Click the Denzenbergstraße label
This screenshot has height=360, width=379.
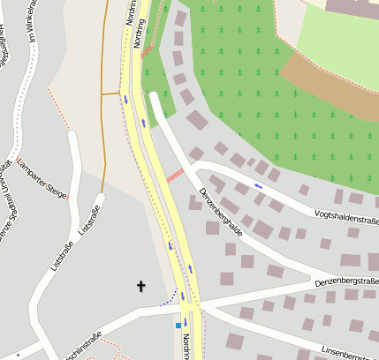346,281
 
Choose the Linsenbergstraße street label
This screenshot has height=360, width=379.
349,353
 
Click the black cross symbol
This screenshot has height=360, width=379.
140,286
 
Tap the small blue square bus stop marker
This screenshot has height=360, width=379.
178,325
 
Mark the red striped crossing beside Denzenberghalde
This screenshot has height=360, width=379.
174,175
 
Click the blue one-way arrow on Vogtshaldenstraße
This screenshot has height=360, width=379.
258,186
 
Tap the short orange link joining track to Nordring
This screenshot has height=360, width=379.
111,93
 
